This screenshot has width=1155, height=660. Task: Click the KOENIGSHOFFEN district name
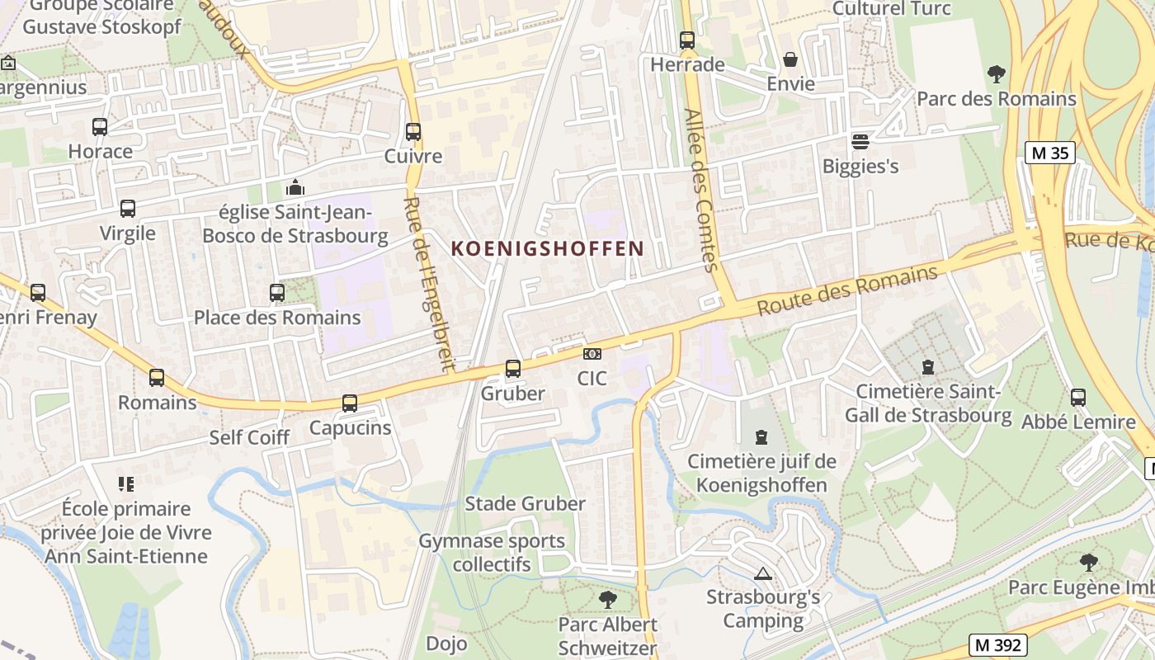pos(548,248)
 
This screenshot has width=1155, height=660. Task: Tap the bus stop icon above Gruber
pos(513,369)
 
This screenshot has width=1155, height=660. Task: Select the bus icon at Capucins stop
pos(350,403)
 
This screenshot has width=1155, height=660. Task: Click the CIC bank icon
pos(592,354)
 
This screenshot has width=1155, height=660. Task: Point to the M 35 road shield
pos(1050,153)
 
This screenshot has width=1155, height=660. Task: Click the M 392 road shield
pos(998,645)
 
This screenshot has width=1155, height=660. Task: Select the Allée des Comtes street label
pos(702,190)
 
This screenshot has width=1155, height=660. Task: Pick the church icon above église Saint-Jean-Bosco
pos(295,188)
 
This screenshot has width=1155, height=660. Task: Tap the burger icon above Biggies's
pos(860,141)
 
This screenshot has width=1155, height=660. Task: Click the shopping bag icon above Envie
pos(790,59)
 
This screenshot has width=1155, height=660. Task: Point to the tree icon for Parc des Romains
pos(997,74)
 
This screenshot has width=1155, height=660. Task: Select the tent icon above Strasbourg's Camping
pos(763,573)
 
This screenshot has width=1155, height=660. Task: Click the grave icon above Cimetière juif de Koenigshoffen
pos(761,437)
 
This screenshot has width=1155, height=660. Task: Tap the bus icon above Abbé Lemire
pos(1077,398)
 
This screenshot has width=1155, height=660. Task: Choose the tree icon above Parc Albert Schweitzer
pos(608,600)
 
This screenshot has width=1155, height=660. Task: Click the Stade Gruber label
pos(526,503)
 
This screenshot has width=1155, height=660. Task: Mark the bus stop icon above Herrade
pos(687,40)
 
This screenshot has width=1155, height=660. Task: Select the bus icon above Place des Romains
pos(277,293)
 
